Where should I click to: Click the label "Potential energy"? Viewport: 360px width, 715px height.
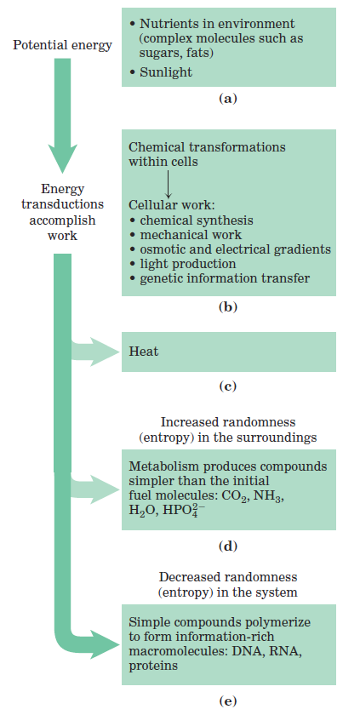62,46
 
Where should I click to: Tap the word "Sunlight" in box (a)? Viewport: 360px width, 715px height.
166,72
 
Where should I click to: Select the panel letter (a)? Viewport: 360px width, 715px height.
228,99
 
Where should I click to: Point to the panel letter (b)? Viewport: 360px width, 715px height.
228,308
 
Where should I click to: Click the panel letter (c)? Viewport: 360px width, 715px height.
228,387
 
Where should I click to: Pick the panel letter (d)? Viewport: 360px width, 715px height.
228,545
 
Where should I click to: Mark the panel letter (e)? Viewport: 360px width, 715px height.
228,701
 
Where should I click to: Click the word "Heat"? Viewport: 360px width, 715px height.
144,352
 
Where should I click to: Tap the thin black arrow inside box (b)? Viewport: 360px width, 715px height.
168,184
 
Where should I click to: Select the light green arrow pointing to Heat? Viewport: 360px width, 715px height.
94,352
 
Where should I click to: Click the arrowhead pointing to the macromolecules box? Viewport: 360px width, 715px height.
104,645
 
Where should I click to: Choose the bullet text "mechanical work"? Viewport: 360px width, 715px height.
191,235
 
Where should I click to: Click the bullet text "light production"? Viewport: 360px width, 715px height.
188,264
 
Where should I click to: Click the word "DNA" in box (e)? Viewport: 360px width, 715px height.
241,651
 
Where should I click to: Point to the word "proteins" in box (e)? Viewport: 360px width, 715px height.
152,666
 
